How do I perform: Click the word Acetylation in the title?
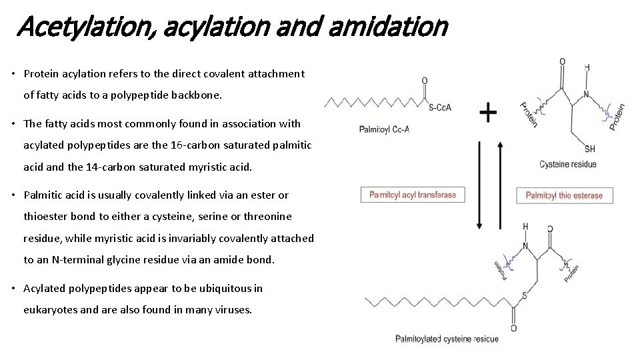tap(67, 27)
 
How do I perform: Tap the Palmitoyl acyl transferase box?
tap(413, 195)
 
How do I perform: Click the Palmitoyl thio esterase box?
tap(564, 195)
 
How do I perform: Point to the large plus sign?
tap(488, 112)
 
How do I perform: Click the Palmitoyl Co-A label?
tap(384, 129)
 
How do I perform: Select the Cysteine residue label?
tap(568, 164)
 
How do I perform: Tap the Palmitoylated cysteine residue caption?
tap(447, 339)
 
